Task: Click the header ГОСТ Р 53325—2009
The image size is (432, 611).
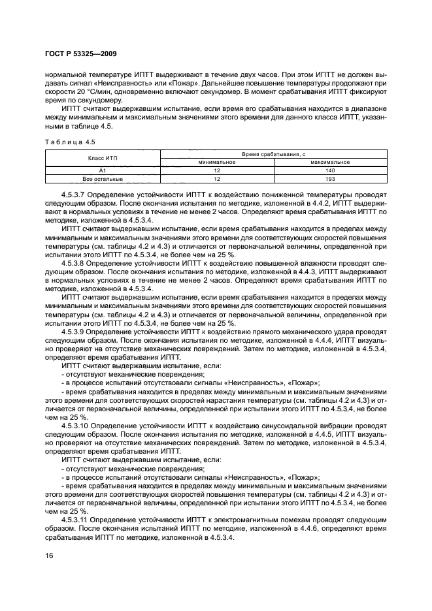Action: pos(80,53)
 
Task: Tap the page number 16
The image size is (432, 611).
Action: pos(49,555)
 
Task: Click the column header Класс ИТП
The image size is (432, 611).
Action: pos(102,157)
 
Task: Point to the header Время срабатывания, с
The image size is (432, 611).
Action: pos(273,153)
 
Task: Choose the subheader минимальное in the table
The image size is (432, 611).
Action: pos(216,161)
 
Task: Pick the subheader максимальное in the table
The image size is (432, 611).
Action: pos(330,161)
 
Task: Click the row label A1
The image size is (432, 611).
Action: pos(102,170)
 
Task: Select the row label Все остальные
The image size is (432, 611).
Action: pos(102,178)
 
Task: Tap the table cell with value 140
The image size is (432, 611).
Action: pos(330,170)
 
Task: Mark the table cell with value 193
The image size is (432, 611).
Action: pos(330,178)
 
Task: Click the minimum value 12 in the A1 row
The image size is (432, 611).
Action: pos(216,170)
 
